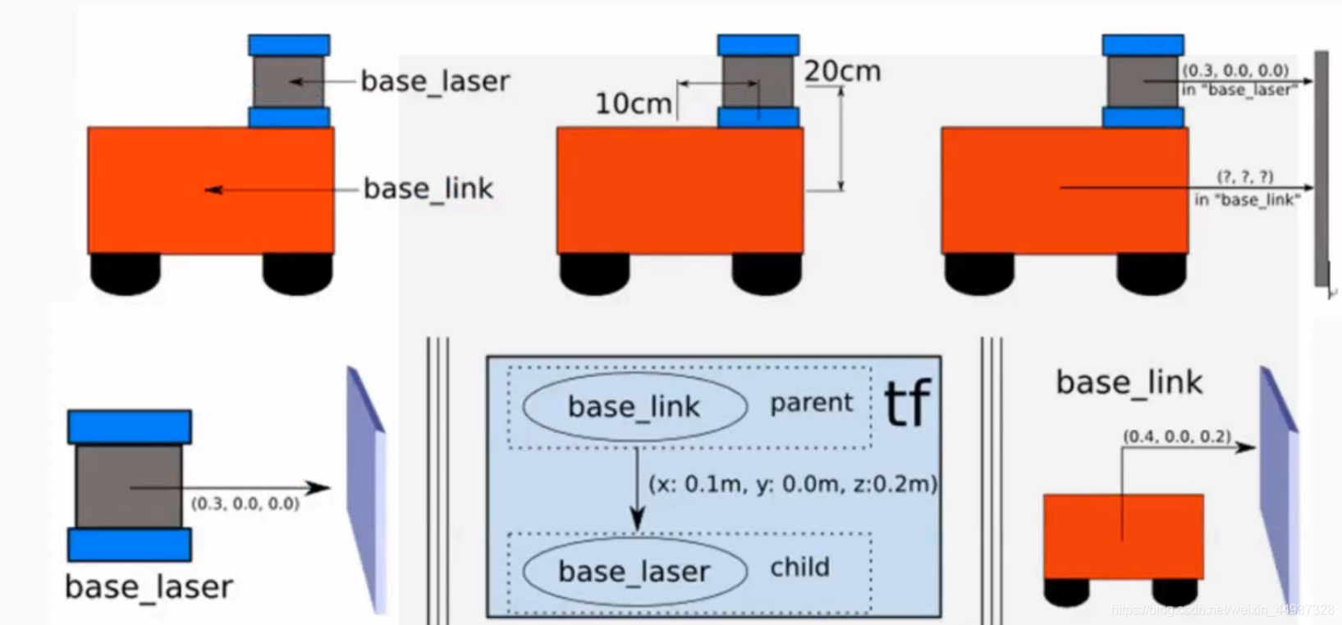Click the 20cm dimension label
842,71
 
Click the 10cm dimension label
633,103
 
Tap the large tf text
907,404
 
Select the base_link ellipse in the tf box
634,407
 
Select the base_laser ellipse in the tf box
634,572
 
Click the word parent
811,403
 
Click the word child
799,568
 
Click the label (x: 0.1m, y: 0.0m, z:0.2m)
793,484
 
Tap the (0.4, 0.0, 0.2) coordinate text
1177,436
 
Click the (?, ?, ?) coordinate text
1245,176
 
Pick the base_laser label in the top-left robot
435,81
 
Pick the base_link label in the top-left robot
428,189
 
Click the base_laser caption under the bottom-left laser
149,587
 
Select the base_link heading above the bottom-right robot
1129,382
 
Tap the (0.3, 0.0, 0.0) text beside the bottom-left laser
245,504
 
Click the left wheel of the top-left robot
125,273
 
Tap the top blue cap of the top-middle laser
758,45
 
